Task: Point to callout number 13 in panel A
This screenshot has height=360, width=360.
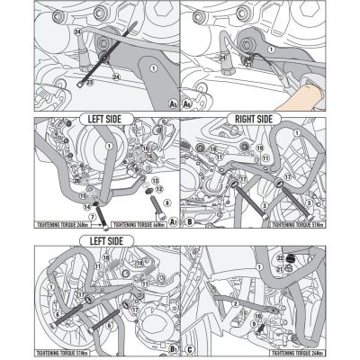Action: coord(156,179)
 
